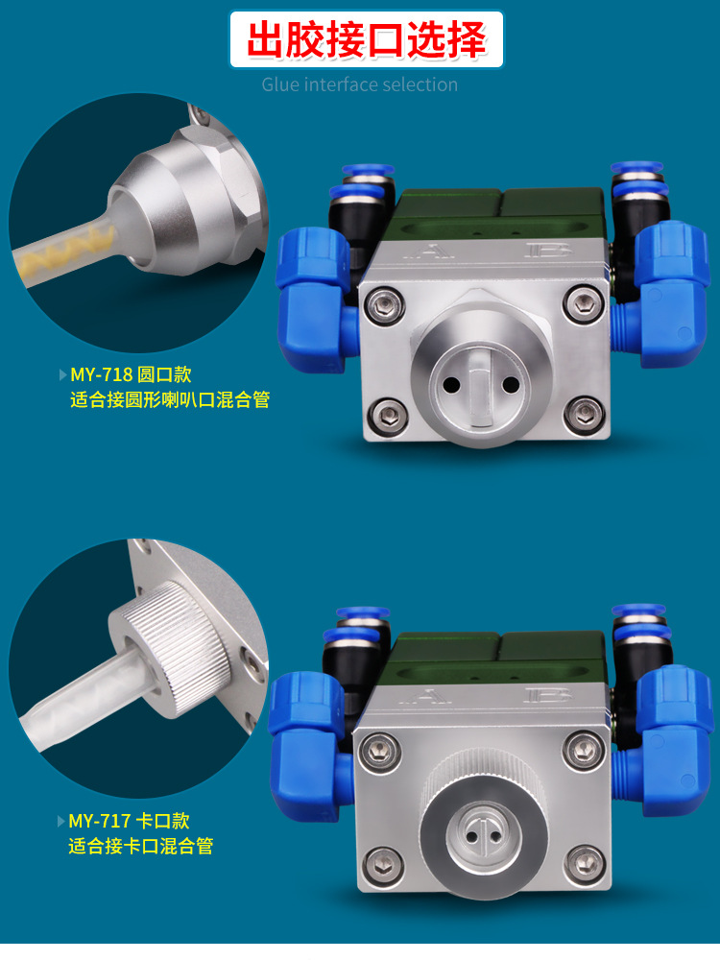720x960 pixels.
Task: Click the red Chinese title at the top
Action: (x=366, y=39)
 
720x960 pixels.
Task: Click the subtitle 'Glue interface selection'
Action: (x=360, y=84)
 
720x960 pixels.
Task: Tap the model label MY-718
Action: (x=102, y=374)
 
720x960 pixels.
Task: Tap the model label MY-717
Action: (x=100, y=821)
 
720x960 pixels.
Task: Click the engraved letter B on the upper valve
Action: (x=548, y=250)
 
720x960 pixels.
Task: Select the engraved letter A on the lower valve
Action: (x=427, y=697)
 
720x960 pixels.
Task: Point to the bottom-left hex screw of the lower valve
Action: (x=382, y=863)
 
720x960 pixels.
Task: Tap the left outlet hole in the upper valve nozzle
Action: (x=452, y=385)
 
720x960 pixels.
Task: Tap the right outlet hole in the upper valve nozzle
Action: (x=510, y=385)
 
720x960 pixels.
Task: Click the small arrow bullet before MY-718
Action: (x=62, y=374)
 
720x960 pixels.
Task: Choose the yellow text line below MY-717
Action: (x=141, y=846)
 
